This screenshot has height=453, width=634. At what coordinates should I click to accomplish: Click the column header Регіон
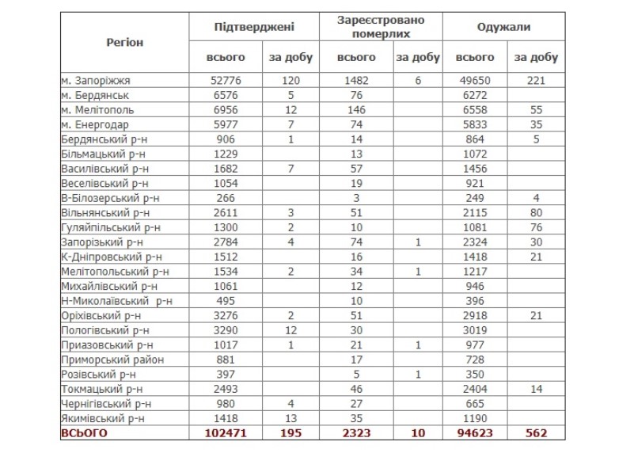124,43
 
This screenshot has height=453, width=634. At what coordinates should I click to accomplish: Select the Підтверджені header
254,27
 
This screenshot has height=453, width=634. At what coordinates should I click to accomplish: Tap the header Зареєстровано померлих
381,28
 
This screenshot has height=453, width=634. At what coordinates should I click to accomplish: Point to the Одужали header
503,27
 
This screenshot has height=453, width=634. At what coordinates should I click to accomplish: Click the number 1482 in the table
356,81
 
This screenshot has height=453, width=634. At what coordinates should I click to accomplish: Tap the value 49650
475,81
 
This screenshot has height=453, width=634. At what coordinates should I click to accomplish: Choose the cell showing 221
536,81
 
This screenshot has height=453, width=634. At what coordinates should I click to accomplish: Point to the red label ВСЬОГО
84,433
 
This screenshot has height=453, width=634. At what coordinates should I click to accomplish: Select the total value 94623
475,433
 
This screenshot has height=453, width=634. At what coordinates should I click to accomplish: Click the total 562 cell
536,433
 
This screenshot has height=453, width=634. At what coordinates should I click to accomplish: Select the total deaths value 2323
356,433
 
